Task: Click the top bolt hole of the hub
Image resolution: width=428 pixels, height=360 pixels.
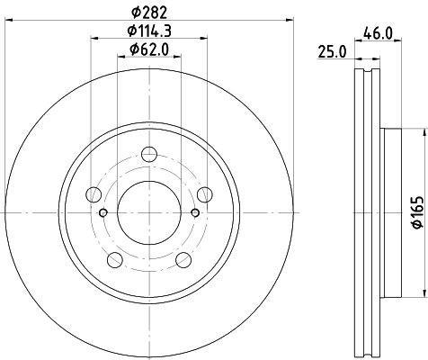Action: click(x=148, y=154)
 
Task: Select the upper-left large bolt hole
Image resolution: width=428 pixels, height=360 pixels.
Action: click(x=93, y=193)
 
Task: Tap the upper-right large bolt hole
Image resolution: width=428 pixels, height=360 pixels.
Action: click(x=204, y=193)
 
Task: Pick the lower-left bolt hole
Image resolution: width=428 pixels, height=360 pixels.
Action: click(x=114, y=259)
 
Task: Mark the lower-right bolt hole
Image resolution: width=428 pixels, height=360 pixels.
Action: click(x=183, y=259)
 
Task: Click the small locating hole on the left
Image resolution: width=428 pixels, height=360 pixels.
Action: click(x=103, y=212)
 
